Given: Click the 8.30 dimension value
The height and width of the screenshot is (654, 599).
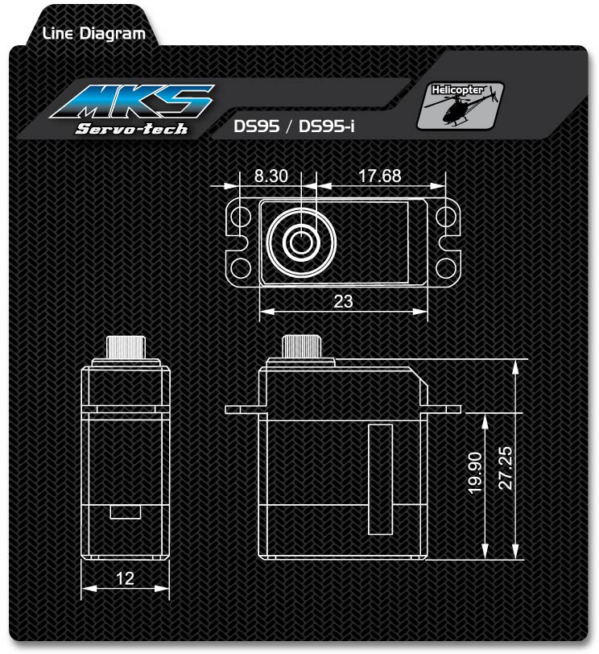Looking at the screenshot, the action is [271, 176].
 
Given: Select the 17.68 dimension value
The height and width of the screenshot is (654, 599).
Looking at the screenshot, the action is [380, 176].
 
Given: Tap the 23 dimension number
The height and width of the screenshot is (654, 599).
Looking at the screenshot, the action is [343, 301].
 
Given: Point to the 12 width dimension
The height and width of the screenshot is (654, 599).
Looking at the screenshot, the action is [125, 578].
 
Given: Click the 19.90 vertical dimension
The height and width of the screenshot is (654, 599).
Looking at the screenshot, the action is [475, 474].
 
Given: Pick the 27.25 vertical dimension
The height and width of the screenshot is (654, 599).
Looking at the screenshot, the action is [506, 468].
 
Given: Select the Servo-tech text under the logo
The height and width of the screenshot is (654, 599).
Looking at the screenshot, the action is [131, 129].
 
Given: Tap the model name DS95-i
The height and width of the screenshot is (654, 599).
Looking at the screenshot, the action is [326, 126].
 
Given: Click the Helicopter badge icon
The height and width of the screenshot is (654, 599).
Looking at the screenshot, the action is [461, 106].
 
